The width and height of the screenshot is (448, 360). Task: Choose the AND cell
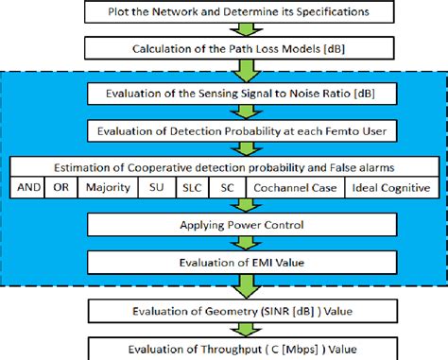tap(28, 188)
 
